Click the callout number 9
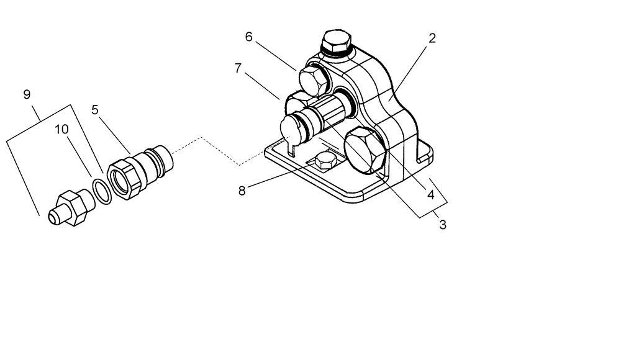pyautogui.click(x=27, y=94)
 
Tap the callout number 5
pyautogui.click(x=94, y=110)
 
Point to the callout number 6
pyautogui.click(x=249, y=37)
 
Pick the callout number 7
pyautogui.click(x=238, y=68)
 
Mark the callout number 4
pyautogui.click(x=430, y=194)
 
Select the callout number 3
pyautogui.click(x=443, y=225)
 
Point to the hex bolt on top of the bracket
pyautogui.click(x=337, y=43)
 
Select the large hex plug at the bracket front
pyautogui.click(x=365, y=150)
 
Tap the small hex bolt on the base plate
pyautogui.click(x=325, y=162)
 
